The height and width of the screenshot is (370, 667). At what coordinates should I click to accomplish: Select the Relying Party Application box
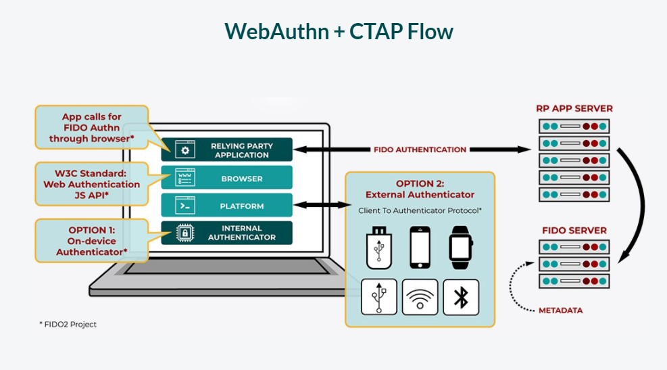click(227, 149)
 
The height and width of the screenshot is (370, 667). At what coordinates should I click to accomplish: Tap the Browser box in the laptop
click(227, 177)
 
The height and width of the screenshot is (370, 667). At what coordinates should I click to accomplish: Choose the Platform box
click(227, 205)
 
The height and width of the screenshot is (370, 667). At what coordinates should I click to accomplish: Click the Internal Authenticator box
click(227, 233)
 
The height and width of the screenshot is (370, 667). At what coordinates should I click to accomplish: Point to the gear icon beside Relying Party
click(185, 150)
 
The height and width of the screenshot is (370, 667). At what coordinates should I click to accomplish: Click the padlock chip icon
click(185, 233)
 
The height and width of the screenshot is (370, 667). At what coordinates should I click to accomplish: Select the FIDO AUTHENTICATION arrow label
click(420, 149)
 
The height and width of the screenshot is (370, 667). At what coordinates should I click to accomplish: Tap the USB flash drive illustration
click(378, 248)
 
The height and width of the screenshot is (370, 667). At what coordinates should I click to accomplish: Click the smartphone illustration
click(420, 248)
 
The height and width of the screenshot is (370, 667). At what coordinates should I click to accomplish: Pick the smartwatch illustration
click(461, 248)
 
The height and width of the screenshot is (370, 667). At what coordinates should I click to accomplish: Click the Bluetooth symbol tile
click(461, 297)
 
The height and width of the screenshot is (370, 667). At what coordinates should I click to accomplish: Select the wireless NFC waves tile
click(420, 297)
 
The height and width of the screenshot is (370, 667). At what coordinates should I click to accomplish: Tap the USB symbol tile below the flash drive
click(379, 297)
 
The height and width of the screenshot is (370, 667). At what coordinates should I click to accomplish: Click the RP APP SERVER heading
click(574, 109)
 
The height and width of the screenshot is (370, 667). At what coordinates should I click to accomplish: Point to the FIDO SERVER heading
click(574, 231)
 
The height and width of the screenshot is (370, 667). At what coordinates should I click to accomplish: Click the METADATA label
click(561, 310)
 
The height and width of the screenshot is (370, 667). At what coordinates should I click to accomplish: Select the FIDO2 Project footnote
click(68, 325)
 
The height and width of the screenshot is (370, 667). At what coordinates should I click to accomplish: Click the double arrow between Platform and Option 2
click(322, 205)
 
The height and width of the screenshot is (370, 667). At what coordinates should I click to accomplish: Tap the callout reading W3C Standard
click(91, 185)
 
